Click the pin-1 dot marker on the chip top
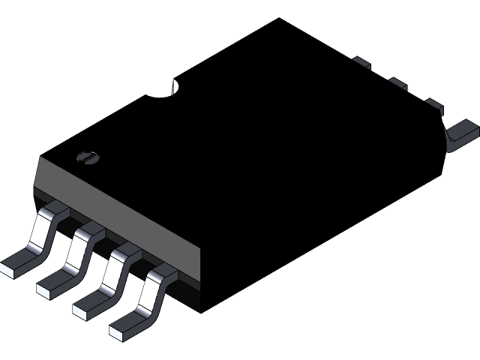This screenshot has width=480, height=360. click(x=88, y=157)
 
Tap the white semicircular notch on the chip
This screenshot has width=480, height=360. click(x=175, y=87)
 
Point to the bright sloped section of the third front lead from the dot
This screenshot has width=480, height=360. click(x=114, y=269)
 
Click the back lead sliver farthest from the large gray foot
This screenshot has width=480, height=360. click(x=361, y=62)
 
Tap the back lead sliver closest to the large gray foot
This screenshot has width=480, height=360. click(x=433, y=103)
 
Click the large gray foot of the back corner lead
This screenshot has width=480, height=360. click(x=460, y=135)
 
